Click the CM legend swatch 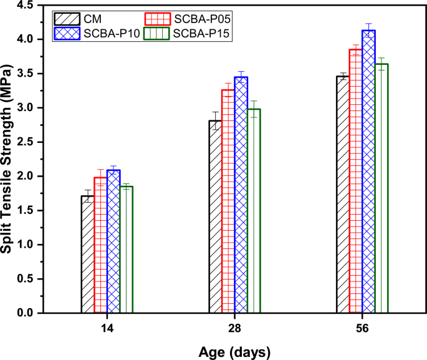click(66, 17)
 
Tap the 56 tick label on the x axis click(362, 328)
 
